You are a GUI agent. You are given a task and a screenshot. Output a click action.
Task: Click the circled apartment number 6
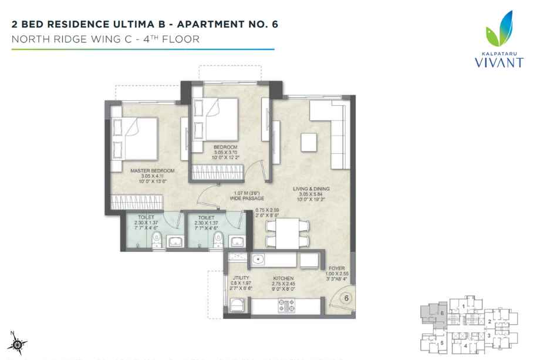346,298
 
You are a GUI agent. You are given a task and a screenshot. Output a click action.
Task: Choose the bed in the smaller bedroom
217,117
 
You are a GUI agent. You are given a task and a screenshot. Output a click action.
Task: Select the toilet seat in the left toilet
154,240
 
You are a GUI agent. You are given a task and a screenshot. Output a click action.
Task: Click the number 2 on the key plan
490,321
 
